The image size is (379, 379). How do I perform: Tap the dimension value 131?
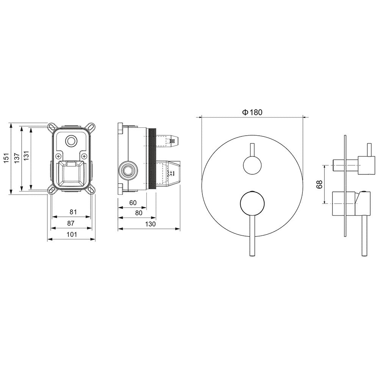[x=27, y=155]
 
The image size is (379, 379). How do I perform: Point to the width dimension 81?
[x=73, y=212]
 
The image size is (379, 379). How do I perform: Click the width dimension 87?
[x=71, y=223]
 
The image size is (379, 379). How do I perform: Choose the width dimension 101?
[x=72, y=234]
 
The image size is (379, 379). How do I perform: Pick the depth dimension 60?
[x=133, y=203]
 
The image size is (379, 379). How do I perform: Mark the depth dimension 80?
[x=139, y=213]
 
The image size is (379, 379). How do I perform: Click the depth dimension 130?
[x=150, y=224]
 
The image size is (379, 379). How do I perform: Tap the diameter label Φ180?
[x=252, y=112]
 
